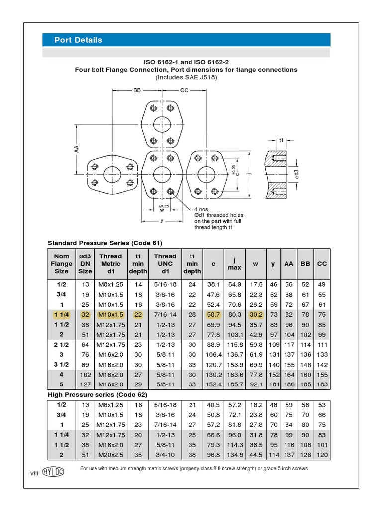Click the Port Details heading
tap(79, 40)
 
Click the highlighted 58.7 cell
tap(213, 314)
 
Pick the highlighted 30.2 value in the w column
tap(255, 314)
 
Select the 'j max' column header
tap(234, 264)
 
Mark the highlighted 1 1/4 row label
tap(61, 314)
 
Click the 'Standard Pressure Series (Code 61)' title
tap(105, 243)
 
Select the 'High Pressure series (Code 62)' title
tap(97, 394)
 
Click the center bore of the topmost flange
tap(161, 125)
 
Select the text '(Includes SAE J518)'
tap(186, 78)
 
